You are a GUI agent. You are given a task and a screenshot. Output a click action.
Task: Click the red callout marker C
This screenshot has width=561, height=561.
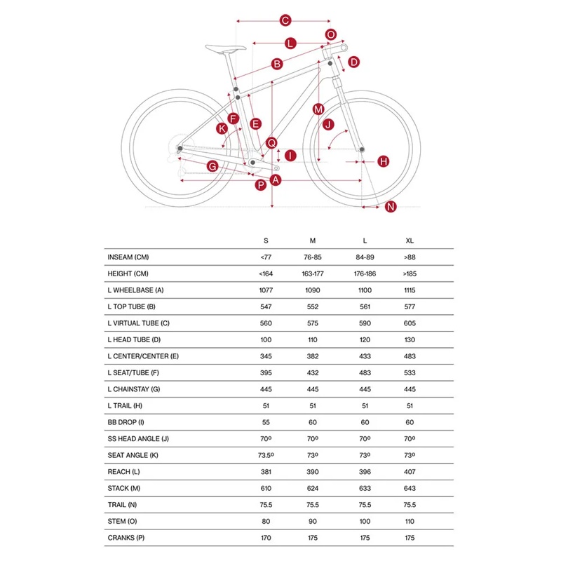click(285, 20)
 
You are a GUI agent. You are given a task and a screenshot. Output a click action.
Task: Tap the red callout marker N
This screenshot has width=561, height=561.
click(391, 206)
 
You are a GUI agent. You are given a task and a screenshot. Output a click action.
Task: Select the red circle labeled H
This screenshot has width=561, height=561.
click(384, 161)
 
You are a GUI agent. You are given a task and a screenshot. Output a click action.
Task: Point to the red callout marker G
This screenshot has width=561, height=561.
click(212, 166)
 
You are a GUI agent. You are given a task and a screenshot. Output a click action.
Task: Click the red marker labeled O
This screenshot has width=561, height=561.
click(331, 34)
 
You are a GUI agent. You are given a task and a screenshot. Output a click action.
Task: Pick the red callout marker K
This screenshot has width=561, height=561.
click(222, 128)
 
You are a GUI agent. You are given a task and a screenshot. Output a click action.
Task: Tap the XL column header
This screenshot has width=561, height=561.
click(410, 241)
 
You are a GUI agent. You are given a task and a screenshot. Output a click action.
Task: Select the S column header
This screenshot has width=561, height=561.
click(266, 241)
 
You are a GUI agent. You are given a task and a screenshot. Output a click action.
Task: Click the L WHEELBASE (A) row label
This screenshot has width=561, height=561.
click(135, 290)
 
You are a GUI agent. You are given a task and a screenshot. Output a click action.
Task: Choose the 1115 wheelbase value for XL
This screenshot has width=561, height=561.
click(410, 290)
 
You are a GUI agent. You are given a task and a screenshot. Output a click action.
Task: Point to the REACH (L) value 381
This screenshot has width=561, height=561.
click(266, 472)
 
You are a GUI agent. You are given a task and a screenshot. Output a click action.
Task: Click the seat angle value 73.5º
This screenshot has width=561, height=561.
click(266, 455)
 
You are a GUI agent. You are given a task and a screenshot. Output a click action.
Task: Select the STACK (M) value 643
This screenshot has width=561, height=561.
click(410, 489)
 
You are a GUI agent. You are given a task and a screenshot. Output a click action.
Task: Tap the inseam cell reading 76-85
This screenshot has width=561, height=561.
click(313, 257)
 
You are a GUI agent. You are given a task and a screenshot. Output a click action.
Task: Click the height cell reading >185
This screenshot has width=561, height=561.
click(410, 273)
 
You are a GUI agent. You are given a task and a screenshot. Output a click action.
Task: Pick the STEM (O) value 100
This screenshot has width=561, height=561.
click(365, 522)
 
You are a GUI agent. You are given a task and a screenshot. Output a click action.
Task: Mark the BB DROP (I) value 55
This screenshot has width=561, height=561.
click(266, 422)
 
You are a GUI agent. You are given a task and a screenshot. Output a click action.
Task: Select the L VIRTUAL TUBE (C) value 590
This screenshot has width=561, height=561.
click(365, 323)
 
